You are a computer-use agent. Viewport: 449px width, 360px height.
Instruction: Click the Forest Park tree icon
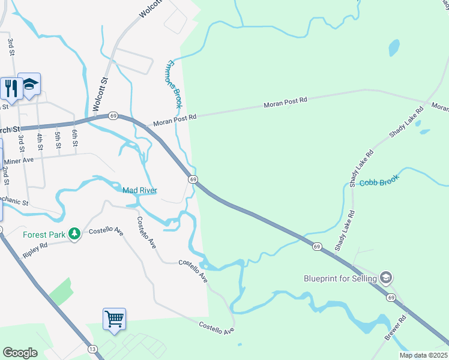74,233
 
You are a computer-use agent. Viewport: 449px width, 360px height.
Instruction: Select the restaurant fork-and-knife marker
10,88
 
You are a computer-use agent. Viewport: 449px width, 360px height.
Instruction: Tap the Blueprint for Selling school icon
386,278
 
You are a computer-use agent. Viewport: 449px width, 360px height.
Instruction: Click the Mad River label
140,190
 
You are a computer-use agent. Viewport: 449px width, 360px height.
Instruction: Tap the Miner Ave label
19,161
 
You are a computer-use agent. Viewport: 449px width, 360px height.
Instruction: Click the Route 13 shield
92,349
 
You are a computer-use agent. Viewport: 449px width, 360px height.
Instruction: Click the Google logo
20,353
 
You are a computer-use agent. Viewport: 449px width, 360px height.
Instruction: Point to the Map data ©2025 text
424,355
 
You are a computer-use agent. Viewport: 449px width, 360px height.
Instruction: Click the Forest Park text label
44,234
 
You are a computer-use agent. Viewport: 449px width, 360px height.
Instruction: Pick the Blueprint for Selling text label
340,278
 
